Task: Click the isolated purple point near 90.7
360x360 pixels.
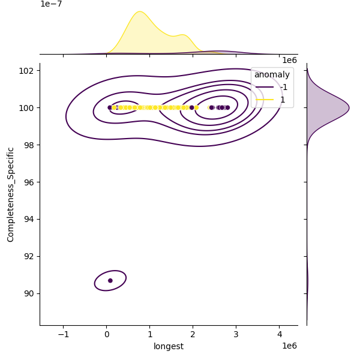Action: click(x=110, y=280)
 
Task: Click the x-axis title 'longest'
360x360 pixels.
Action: click(x=169, y=346)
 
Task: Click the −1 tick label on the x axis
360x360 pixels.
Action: click(x=63, y=334)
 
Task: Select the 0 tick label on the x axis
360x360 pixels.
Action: click(x=106, y=334)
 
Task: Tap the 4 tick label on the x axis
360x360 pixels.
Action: click(x=280, y=334)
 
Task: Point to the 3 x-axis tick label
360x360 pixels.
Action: click(x=236, y=334)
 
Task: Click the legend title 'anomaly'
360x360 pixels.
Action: click(x=272, y=74)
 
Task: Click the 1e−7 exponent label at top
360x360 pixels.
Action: click(x=51, y=4)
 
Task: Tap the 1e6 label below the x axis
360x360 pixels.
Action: click(x=289, y=346)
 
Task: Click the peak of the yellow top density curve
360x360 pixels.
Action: click(x=139, y=11)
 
